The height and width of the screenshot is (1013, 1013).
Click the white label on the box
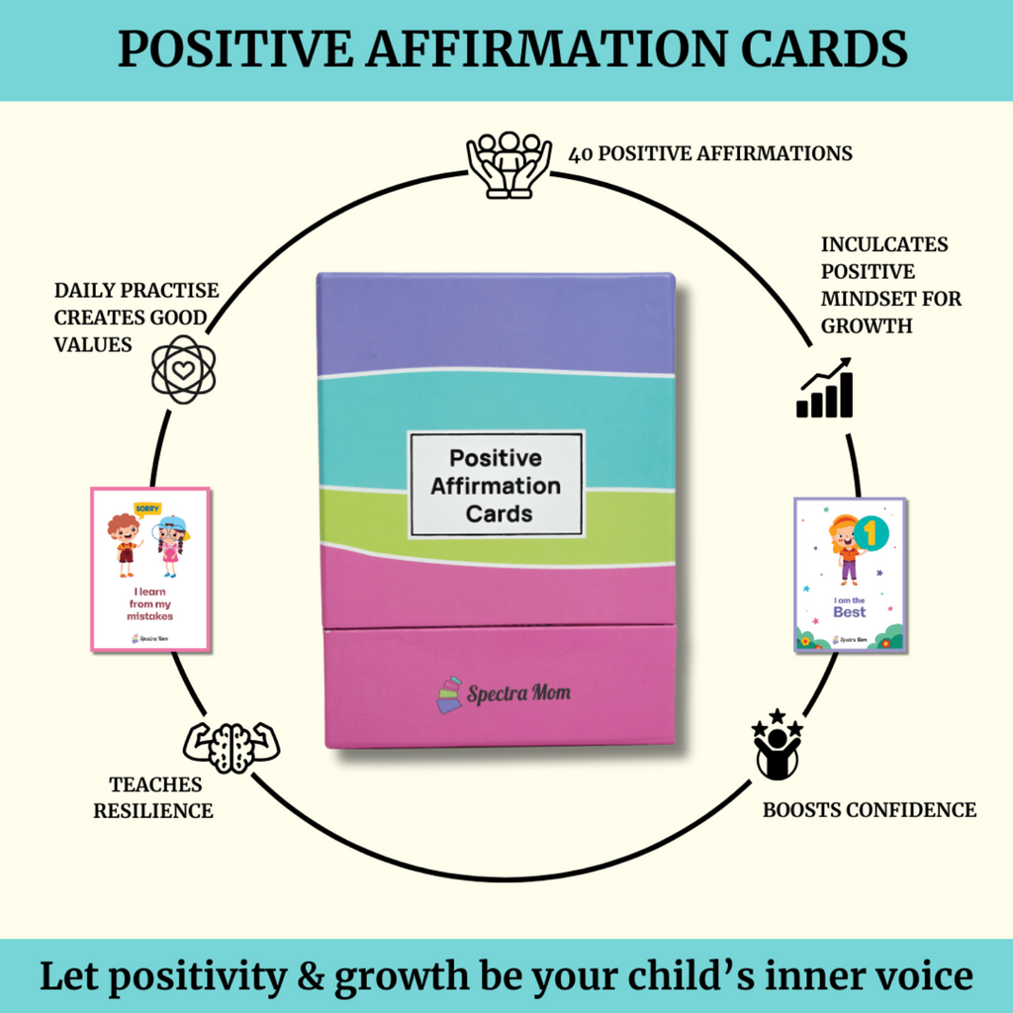coord(497,485)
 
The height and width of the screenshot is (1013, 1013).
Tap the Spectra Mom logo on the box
coord(504,692)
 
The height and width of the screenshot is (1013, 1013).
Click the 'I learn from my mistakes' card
coord(150,569)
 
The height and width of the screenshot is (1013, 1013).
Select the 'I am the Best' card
coord(850,575)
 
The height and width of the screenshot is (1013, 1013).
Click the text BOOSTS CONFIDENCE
coord(869,810)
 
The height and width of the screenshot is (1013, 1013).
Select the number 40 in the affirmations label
coord(582,154)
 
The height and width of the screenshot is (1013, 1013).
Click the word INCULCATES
coord(884,244)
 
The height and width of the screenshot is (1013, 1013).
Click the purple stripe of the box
coord(495,322)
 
